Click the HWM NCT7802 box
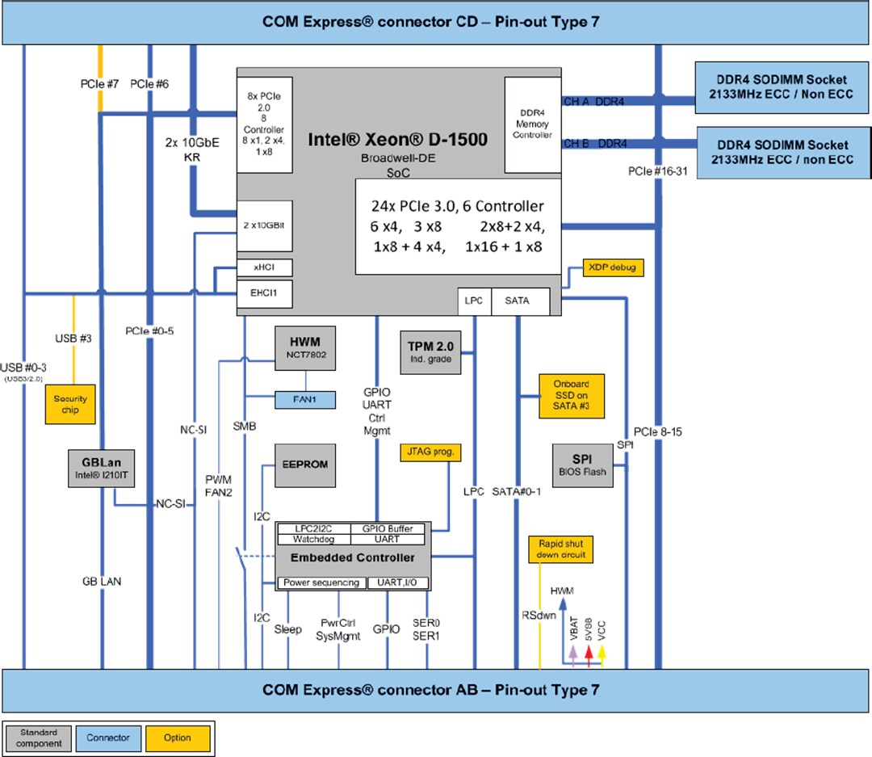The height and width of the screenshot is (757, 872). [304, 348]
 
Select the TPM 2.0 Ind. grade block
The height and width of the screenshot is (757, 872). [431, 351]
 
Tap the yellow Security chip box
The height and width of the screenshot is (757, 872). [70, 404]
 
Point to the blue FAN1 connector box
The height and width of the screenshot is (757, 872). [304, 398]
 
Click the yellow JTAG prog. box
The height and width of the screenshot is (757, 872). [430, 452]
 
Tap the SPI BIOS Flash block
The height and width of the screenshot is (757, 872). [583, 465]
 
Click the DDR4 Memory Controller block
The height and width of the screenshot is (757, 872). [532, 124]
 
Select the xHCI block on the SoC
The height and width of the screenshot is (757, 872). [264, 267]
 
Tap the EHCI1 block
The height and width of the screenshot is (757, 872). [264, 292]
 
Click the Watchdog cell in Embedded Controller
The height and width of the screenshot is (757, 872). [313, 539]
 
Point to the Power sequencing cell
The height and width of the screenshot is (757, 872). [321, 582]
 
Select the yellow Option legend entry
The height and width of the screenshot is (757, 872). [178, 738]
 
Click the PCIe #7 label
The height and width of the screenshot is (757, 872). [99, 83]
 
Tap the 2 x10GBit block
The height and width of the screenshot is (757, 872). [264, 225]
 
